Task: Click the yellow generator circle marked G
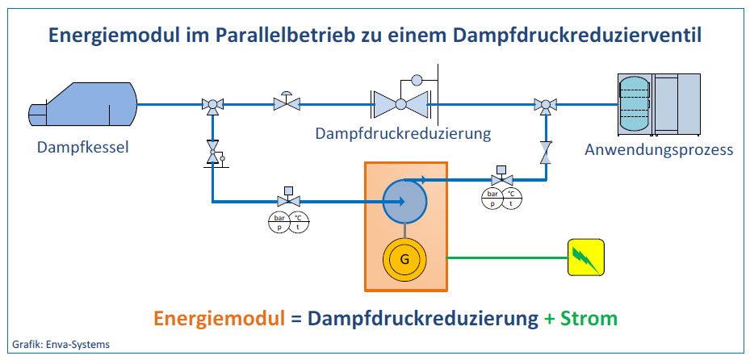click(405, 258)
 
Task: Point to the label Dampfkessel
click(82, 147)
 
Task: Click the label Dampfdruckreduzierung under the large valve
click(404, 132)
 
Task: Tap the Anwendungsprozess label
click(660, 149)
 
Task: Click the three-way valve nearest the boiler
click(213, 103)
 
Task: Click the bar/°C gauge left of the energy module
click(287, 222)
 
